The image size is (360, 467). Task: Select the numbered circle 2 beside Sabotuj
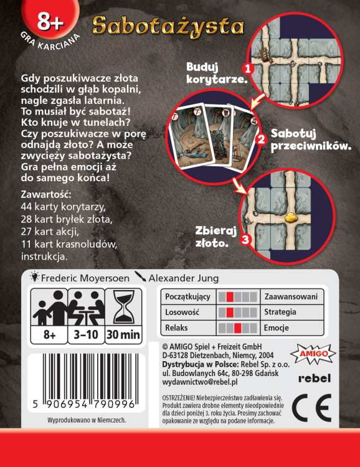pyautogui.click(x=262, y=138)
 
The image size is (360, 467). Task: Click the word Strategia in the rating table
pyautogui.click(x=280, y=312)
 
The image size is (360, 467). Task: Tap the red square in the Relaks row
pyautogui.click(x=237, y=328)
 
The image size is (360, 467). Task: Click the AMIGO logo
pyautogui.click(x=315, y=351)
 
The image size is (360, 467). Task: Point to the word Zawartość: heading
pyautogui.click(x=47, y=194)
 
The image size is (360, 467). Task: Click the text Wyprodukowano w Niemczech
pyautogui.click(x=87, y=420)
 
